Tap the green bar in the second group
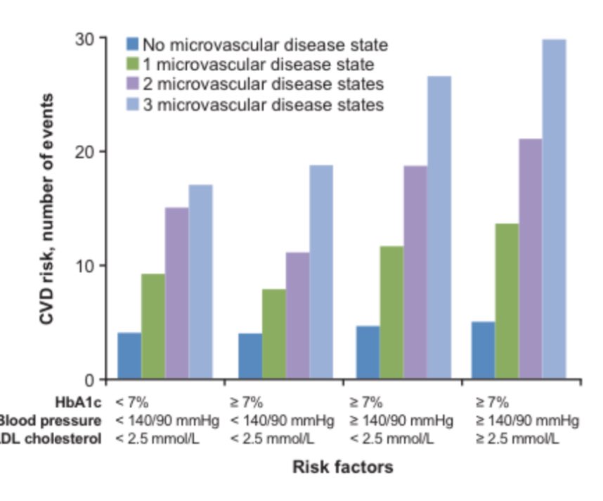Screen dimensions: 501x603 (x=273, y=334)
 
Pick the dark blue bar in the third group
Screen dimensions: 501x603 (x=367, y=353)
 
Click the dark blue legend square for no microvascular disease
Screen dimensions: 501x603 (x=133, y=44)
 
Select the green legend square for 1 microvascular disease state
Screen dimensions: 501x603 (x=133, y=65)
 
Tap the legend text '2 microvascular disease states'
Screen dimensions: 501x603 (x=264, y=84)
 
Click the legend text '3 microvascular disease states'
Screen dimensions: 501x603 (x=264, y=105)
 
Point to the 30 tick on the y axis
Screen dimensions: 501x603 (x=87, y=39)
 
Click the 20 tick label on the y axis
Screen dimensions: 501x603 (x=87, y=152)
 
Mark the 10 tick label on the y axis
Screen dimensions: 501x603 (x=87, y=266)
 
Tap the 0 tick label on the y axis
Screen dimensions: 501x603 (x=92, y=381)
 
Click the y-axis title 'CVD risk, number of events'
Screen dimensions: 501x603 (x=47, y=209)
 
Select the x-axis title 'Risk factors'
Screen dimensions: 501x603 (x=342, y=467)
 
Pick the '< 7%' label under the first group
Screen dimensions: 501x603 (x=132, y=403)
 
